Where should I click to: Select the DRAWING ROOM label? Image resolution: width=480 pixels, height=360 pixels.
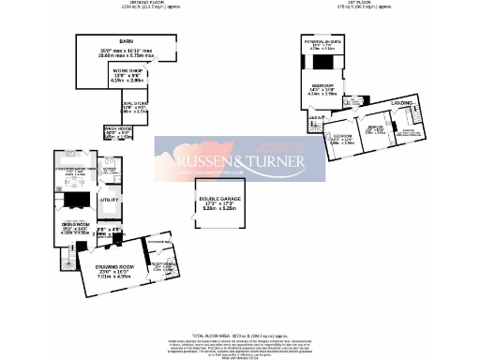[x=113, y=267]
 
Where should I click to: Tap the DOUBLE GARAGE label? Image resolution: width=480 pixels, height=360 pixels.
[x=218, y=198]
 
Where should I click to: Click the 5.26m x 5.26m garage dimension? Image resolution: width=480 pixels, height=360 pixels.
[x=218, y=211]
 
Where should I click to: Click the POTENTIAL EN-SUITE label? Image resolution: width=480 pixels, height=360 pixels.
[x=320, y=43]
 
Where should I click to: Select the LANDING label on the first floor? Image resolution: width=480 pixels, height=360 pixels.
[x=402, y=102]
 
